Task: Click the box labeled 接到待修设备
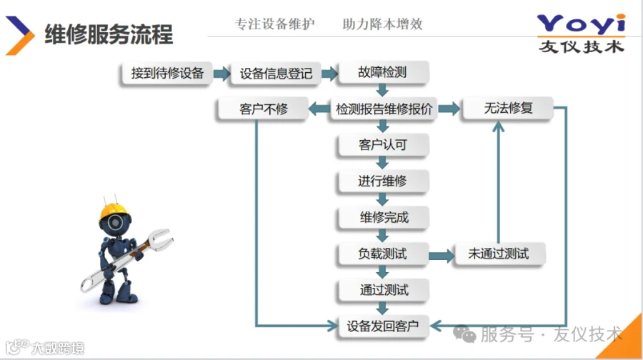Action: coord(167,73)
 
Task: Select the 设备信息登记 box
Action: coord(276,73)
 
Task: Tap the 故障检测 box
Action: coord(383,73)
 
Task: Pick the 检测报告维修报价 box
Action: coord(384,109)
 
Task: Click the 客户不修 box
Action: coord(264,109)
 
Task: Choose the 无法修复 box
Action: coord(508,109)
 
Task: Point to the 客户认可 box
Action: coord(383,145)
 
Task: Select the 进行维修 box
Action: coord(383,181)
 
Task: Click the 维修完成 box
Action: coord(383,217)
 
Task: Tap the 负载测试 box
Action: coord(383,254)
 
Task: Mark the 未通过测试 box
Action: coord(499,254)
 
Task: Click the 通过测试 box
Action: coord(383,290)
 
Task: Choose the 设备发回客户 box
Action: coord(383,326)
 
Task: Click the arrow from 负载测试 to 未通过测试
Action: coord(441,254)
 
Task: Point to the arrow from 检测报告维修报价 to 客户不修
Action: coord(318,109)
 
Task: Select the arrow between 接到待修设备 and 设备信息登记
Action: coord(222,73)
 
